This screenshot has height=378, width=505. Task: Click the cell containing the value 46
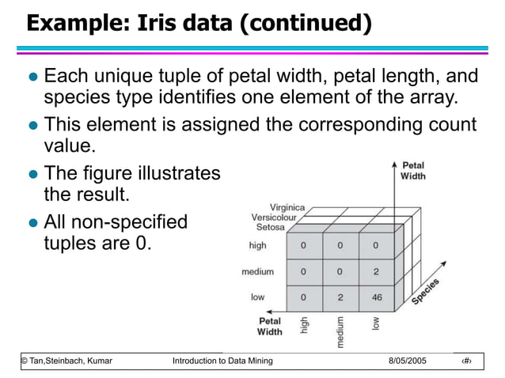(x=377, y=298)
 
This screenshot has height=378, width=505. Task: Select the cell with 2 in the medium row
(x=377, y=271)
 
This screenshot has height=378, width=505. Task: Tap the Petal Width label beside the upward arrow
(x=412, y=171)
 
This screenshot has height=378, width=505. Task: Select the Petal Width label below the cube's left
(x=269, y=327)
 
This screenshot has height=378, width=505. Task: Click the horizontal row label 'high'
(x=257, y=246)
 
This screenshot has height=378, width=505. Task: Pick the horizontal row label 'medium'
(x=257, y=272)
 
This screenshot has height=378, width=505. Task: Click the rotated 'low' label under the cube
(x=376, y=323)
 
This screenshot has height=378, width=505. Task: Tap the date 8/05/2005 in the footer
(x=408, y=361)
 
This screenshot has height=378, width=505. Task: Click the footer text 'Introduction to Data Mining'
(x=222, y=361)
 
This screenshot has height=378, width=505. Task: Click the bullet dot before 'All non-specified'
(x=32, y=222)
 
